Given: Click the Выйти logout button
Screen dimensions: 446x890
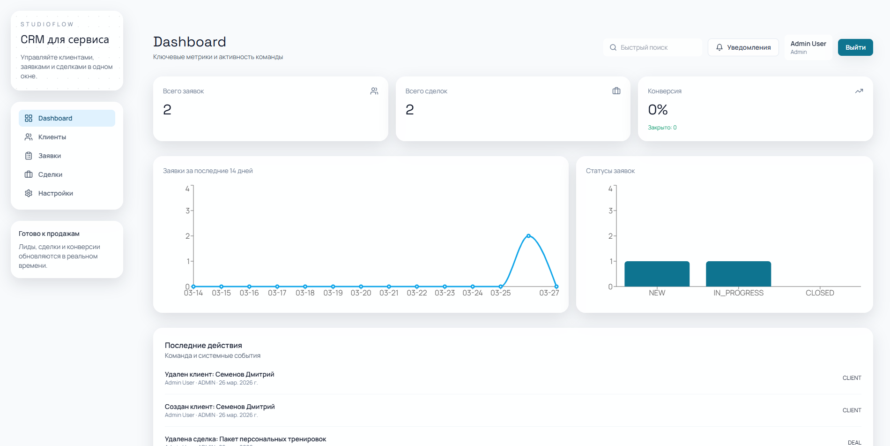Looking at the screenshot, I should click(x=855, y=47).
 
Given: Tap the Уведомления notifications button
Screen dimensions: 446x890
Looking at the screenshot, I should click(x=743, y=47).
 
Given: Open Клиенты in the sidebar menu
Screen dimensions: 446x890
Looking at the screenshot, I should click(x=52, y=137).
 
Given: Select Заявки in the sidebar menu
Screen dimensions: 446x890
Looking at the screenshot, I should click(x=50, y=156).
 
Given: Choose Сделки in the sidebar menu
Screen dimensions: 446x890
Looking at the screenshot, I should click(x=50, y=174).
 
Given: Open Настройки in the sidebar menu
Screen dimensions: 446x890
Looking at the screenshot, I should click(x=55, y=193).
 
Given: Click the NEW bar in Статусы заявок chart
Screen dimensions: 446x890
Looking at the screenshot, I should click(x=657, y=274).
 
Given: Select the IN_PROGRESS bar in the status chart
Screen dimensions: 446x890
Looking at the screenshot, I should click(x=738, y=274).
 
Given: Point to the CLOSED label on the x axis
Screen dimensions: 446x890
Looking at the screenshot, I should click(x=820, y=293).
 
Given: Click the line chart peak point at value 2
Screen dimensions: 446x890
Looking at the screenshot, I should click(x=528, y=236).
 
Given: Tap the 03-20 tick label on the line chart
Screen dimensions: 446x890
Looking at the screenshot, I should click(x=361, y=293).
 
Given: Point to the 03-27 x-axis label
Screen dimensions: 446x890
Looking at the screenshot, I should click(x=549, y=293).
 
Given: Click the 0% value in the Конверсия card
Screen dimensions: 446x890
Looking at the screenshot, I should click(x=658, y=110).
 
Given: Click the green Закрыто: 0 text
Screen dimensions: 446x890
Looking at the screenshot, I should click(x=662, y=128).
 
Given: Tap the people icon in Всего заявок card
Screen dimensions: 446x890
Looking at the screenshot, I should click(x=374, y=91).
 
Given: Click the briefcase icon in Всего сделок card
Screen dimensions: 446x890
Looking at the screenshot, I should click(x=616, y=91).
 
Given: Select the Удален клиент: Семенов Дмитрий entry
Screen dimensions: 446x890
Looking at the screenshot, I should click(x=219, y=374).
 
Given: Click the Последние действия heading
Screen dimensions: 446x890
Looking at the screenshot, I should click(x=203, y=346).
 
